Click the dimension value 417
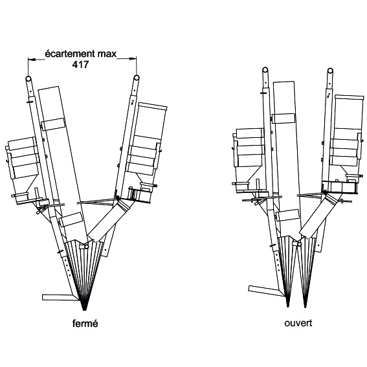click(80, 65)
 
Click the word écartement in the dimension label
click(70, 54)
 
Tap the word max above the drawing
click(107, 54)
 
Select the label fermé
click(85, 323)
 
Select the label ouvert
click(298, 323)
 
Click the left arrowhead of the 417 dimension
click(32, 60)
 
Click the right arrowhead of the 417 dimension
click(133, 59)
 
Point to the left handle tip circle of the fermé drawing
click(28, 78)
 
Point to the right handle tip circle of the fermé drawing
click(137, 78)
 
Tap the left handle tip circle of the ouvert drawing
click(265, 69)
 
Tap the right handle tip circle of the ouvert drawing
click(330, 71)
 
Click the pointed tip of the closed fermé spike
click(84, 310)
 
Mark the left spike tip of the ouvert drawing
click(288, 306)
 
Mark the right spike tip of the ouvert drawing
click(305, 307)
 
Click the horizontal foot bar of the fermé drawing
click(60, 298)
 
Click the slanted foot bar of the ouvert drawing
click(267, 291)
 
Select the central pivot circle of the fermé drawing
click(87, 247)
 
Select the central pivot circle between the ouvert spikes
click(299, 245)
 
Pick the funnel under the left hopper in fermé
click(26, 186)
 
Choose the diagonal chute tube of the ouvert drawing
click(319, 214)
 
